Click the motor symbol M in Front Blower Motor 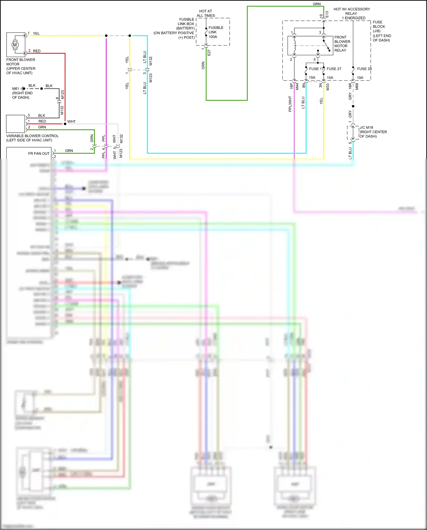[x=15, y=45]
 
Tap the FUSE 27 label [x=334, y=69]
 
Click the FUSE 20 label [x=364, y=69]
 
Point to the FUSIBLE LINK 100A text [x=215, y=32]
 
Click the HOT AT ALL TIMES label [x=206, y=13]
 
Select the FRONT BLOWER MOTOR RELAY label [x=342, y=44]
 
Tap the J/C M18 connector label [x=366, y=128]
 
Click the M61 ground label [x=15, y=89]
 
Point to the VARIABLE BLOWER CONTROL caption [x=32, y=136]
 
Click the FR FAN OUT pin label [x=39, y=154]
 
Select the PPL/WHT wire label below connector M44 [x=290, y=104]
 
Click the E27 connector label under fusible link [x=209, y=52]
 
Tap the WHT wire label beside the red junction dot [x=71, y=122]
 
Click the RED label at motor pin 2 [x=37, y=51]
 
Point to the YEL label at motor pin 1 [x=36, y=34]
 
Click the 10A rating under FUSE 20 [x=360, y=78]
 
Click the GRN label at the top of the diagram [x=317, y=4]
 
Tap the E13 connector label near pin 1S [x=327, y=14]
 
